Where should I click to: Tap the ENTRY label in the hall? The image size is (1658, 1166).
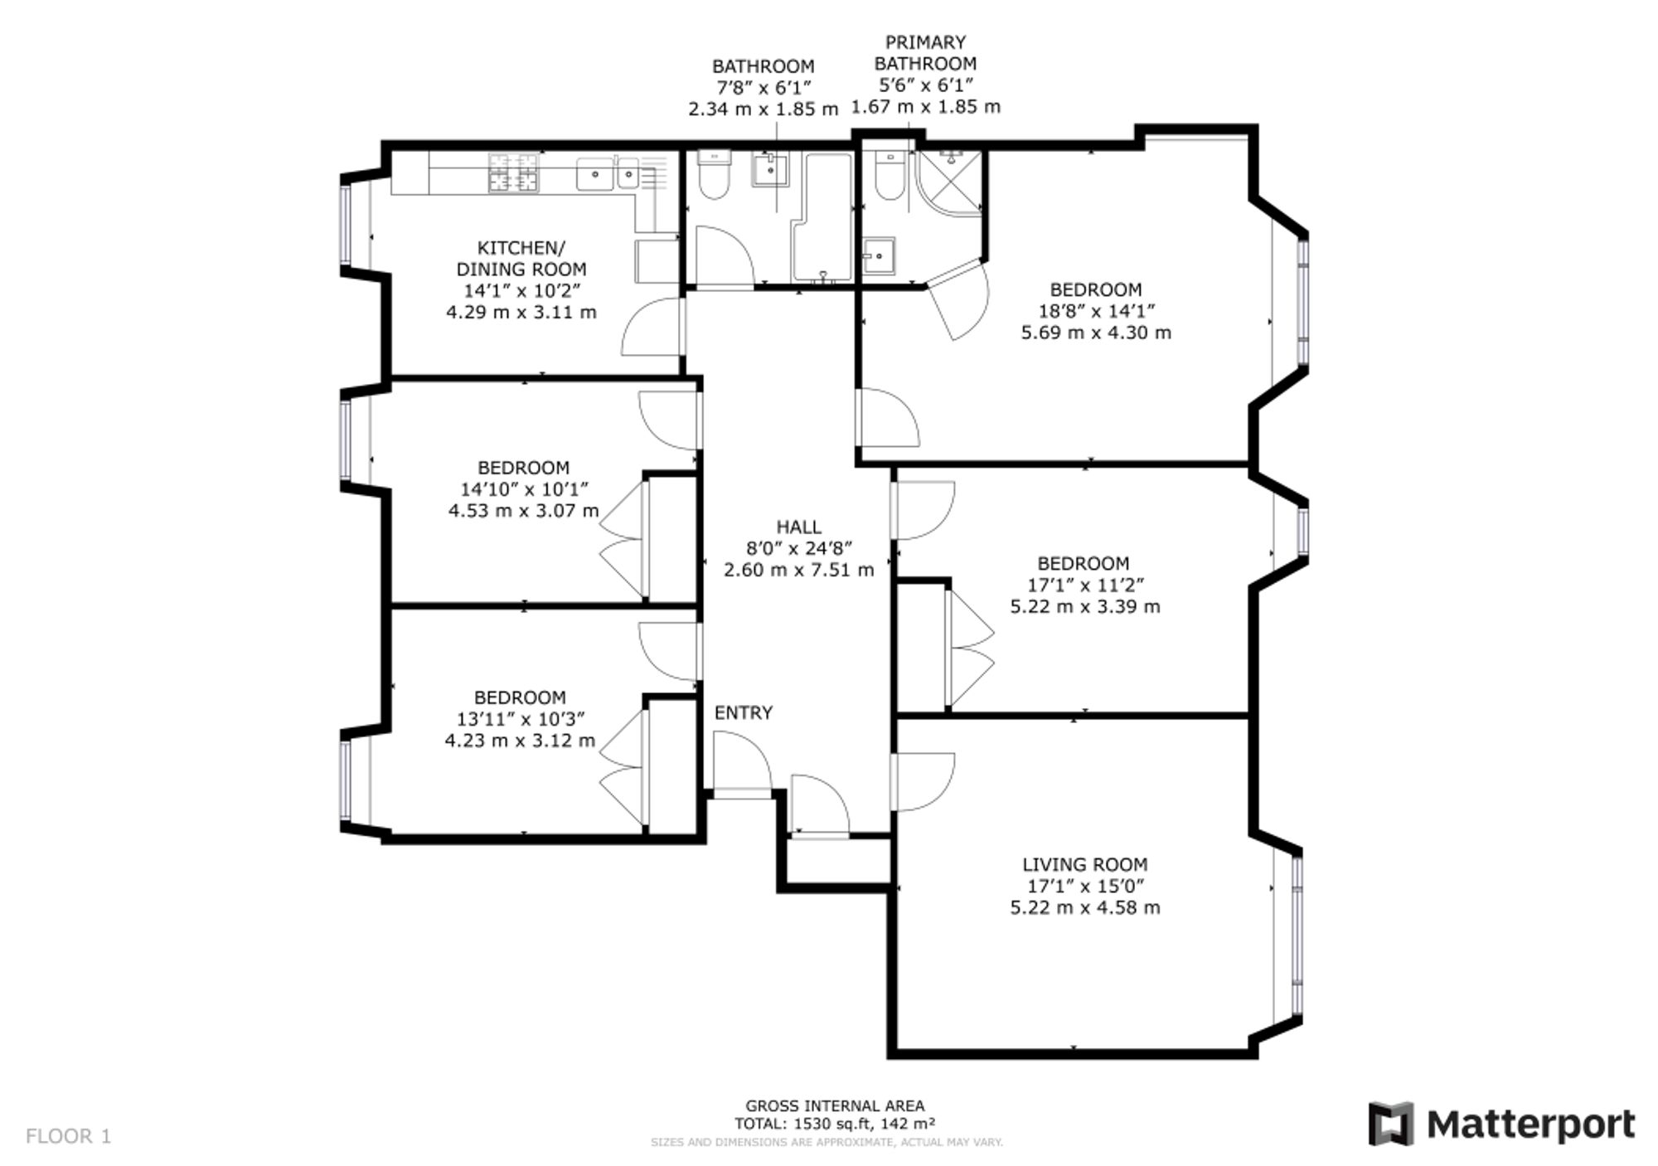point(744,712)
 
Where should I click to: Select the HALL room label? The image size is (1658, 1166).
point(799,527)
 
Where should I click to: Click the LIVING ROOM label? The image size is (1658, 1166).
point(1084,864)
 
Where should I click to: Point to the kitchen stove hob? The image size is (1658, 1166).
point(513,172)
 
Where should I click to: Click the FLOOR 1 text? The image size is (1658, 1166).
point(68,1136)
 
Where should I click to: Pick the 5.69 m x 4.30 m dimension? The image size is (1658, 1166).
point(1096,333)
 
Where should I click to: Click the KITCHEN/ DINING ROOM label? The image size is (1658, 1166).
point(521,258)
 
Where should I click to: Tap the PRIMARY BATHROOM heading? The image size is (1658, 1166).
point(926,52)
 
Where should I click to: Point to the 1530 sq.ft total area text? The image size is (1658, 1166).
point(835,1125)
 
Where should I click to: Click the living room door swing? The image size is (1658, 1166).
point(924,781)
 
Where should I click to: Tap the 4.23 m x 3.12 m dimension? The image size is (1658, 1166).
point(520,740)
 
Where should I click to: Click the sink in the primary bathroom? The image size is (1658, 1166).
point(878,255)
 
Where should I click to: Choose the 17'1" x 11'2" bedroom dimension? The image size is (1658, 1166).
point(1084,585)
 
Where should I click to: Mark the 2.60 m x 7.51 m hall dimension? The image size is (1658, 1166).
point(799,570)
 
